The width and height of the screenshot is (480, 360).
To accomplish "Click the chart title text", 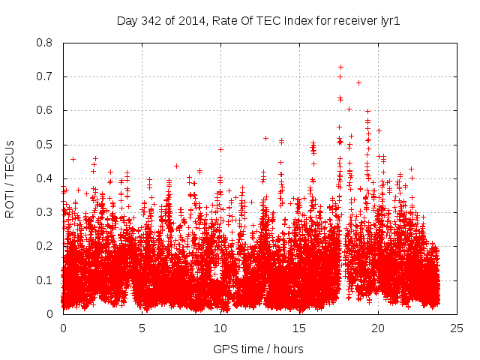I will click(258, 20).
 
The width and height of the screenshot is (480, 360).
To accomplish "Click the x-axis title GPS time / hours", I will click(258, 349).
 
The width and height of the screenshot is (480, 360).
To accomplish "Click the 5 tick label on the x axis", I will click(142, 328).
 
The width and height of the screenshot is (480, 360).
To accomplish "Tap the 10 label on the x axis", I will click(220, 328).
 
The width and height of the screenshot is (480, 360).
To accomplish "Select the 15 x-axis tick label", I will click(299, 328).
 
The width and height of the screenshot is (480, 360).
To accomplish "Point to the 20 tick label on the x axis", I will click(378, 328).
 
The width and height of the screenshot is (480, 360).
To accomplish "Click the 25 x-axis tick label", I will click(457, 328).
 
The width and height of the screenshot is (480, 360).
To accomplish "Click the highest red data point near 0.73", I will click(340, 67).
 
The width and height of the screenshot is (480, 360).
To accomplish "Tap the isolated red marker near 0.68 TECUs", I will click(358, 82).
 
